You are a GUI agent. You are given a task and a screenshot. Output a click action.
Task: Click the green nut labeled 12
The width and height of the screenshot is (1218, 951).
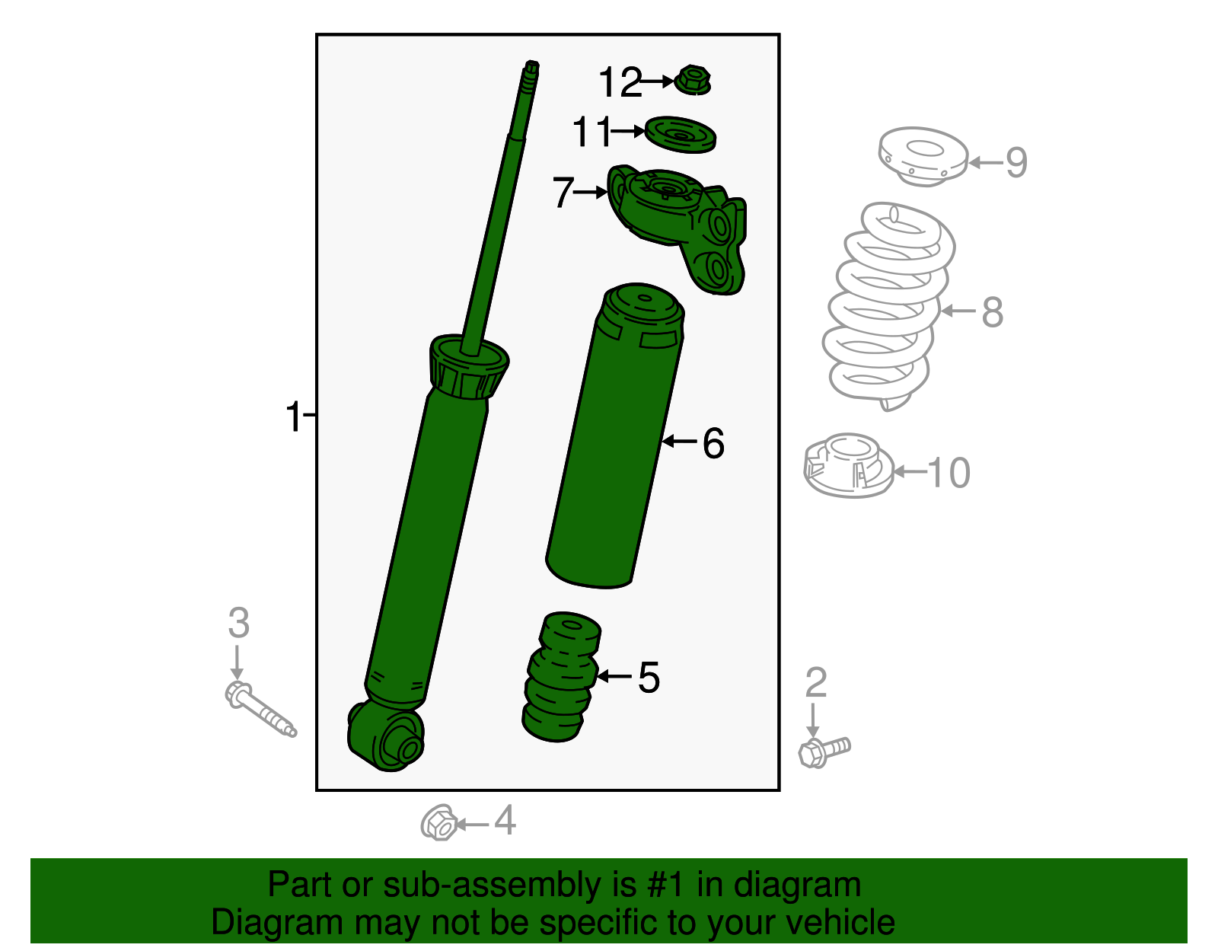pyautogui.click(x=693, y=80)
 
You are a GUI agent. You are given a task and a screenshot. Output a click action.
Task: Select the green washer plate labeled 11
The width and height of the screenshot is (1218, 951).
pyautogui.click(x=681, y=135)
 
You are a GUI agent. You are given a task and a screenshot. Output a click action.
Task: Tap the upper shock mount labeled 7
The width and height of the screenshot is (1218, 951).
pyautogui.click(x=678, y=225)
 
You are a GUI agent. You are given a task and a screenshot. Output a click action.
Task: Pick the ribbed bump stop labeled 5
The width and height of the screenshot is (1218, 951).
pyautogui.click(x=561, y=678)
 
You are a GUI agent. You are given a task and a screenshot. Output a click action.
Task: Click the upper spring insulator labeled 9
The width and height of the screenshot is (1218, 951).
pyautogui.click(x=923, y=157)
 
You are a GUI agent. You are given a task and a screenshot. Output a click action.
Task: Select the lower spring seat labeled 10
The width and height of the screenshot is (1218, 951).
pyautogui.click(x=848, y=466)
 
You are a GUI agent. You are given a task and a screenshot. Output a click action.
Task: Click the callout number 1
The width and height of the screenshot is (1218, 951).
pyautogui.click(x=293, y=417)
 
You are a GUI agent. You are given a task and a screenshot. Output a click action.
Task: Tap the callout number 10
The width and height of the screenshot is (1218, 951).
pyautogui.click(x=949, y=473)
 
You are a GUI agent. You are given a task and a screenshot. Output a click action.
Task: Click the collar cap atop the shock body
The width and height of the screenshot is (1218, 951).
pyautogui.click(x=468, y=367)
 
